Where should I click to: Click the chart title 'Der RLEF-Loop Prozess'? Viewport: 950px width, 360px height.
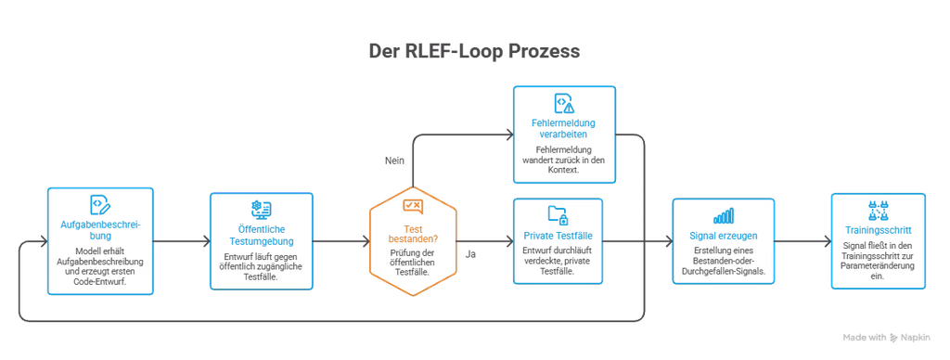(474, 51)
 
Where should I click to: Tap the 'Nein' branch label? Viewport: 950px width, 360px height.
(394, 161)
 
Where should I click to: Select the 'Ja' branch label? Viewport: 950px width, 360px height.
(470, 254)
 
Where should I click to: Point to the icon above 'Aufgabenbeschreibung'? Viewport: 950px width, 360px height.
(100, 205)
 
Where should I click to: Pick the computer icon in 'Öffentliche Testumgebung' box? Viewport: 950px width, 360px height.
(261, 210)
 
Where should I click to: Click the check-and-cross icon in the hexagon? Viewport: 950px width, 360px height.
(412, 207)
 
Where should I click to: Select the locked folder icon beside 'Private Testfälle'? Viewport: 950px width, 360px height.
(558, 214)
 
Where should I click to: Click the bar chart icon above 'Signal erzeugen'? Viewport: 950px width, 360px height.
(724, 215)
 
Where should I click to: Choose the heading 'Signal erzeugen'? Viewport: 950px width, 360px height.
(724, 236)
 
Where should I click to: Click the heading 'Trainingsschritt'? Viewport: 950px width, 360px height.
(878, 230)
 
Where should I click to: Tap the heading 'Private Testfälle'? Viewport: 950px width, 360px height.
(558, 236)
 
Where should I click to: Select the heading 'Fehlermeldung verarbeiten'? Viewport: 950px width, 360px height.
(564, 128)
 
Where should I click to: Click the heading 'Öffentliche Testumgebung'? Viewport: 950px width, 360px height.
(261, 236)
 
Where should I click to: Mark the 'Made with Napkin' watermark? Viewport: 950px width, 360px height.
(886, 338)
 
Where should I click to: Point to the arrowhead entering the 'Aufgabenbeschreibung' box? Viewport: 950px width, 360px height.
(44, 242)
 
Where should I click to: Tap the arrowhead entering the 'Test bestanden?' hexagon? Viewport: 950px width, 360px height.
(366, 242)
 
